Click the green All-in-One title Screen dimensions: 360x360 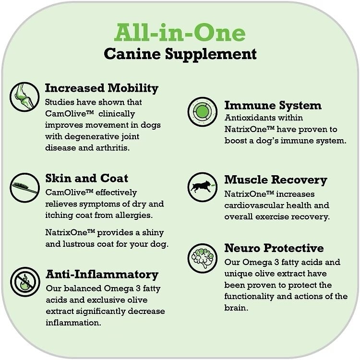pos(180,33)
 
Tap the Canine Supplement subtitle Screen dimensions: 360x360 pos(180,54)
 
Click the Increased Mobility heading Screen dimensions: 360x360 pos(101,88)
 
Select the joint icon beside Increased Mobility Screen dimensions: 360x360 pos(24,96)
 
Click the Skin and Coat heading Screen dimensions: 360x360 pos(86,179)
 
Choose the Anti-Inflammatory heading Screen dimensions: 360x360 pos(101,275)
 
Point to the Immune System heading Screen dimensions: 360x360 pos(273,105)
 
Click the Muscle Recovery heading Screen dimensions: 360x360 pos(276,180)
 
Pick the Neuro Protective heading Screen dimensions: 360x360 pos(274,248)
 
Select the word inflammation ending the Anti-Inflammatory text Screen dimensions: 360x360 pos(73,323)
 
